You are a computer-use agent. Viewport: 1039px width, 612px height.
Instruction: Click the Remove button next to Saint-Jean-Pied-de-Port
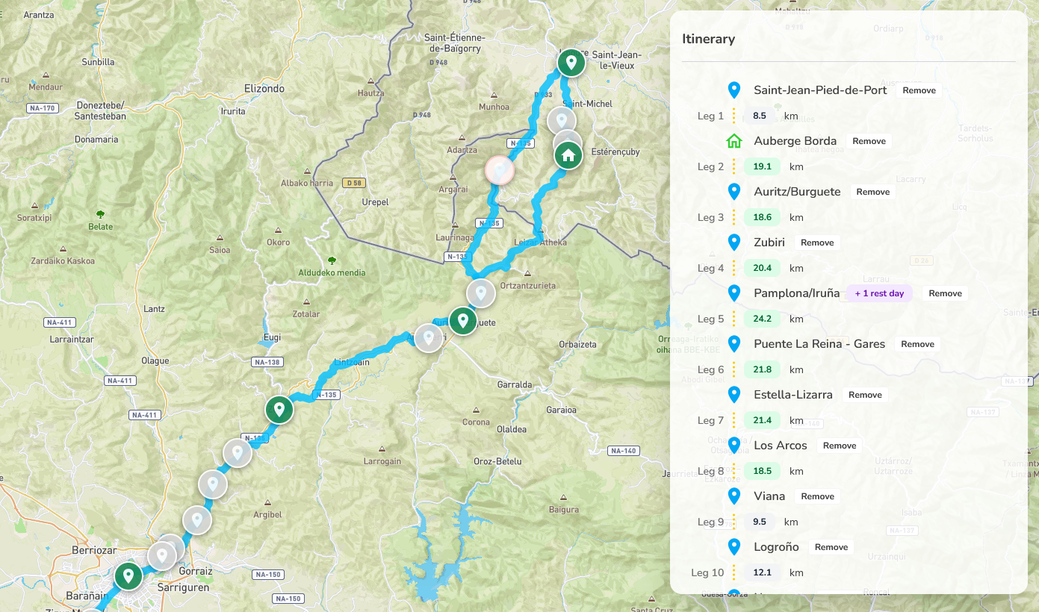click(919, 90)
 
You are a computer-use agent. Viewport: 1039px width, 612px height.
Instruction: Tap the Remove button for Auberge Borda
click(869, 141)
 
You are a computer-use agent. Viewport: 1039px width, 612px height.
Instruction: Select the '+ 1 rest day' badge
click(879, 293)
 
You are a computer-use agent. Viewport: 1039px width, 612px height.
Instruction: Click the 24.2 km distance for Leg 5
click(762, 319)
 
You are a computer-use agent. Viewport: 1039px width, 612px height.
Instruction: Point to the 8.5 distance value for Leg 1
click(760, 116)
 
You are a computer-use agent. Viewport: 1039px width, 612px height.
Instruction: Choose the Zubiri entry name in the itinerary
click(769, 243)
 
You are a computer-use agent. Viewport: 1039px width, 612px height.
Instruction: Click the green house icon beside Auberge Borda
click(734, 141)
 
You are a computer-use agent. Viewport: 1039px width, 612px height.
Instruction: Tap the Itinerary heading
click(708, 39)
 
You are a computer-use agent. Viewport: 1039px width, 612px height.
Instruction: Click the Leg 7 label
click(710, 420)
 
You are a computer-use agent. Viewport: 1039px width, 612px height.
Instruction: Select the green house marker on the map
click(568, 155)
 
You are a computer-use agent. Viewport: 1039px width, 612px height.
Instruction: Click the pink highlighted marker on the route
click(499, 170)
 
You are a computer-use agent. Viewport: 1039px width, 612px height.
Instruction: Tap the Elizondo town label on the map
click(264, 88)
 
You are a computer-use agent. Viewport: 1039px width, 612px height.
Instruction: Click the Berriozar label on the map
click(94, 550)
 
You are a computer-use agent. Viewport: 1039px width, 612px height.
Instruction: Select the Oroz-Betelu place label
click(497, 461)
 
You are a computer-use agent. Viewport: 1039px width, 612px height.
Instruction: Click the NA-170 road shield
click(42, 108)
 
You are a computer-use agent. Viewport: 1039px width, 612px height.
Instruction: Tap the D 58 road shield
click(353, 183)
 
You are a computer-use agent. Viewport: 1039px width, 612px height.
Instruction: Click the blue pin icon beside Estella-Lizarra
click(734, 395)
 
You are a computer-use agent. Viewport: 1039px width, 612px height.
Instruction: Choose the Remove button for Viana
click(817, 496)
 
